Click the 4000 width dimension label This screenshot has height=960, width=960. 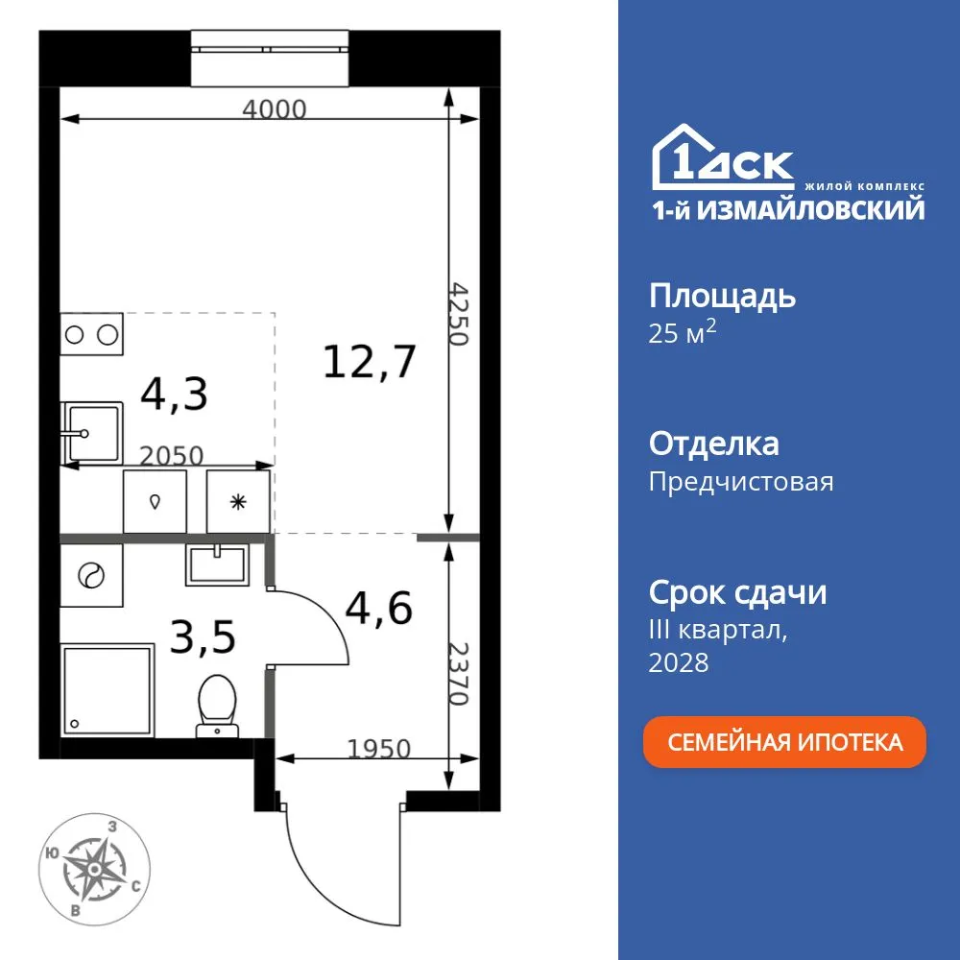pos(274,109)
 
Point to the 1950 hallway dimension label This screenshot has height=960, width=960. pos(379,748)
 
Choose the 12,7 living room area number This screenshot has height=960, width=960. pos(370,362)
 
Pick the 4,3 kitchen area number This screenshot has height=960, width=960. pos(174,394)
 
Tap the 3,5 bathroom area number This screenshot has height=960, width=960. pos(203,637)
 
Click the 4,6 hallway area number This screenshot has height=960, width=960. pos(379,608)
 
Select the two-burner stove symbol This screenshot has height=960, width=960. pos(92,334)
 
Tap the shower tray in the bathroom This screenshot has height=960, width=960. pos(107,690)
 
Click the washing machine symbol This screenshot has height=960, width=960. pos(91,576)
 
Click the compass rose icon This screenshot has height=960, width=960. pos(95,868)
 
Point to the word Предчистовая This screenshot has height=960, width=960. pos(741,482)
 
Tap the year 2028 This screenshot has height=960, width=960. pos(679,662)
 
